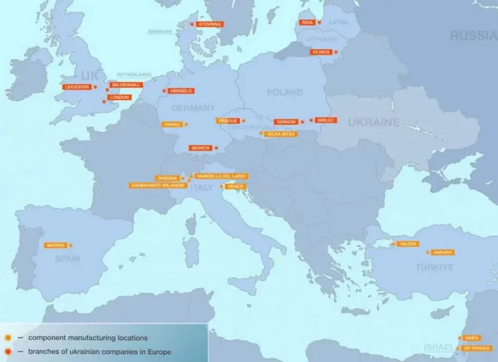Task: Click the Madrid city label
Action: click(55, 245)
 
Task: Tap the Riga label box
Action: click(306, 23)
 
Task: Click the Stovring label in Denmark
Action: click(210, 24)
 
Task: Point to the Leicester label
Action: click(77, 87)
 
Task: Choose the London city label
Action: click(119, 97)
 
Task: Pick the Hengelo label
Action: click(180, 91)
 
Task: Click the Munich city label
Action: click(200, 148)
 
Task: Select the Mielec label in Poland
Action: click(326, 120)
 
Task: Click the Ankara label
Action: click(443, 252)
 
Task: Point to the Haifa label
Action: click(472, 338)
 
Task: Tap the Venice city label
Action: click(235, 186)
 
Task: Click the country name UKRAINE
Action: click(373, 121)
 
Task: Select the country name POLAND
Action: click(284, 92)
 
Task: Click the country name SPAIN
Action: click(67, 259)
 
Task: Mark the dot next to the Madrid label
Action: click(71, 245)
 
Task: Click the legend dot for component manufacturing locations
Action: click(7, 337)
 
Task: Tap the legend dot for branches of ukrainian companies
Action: click(7, 352)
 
